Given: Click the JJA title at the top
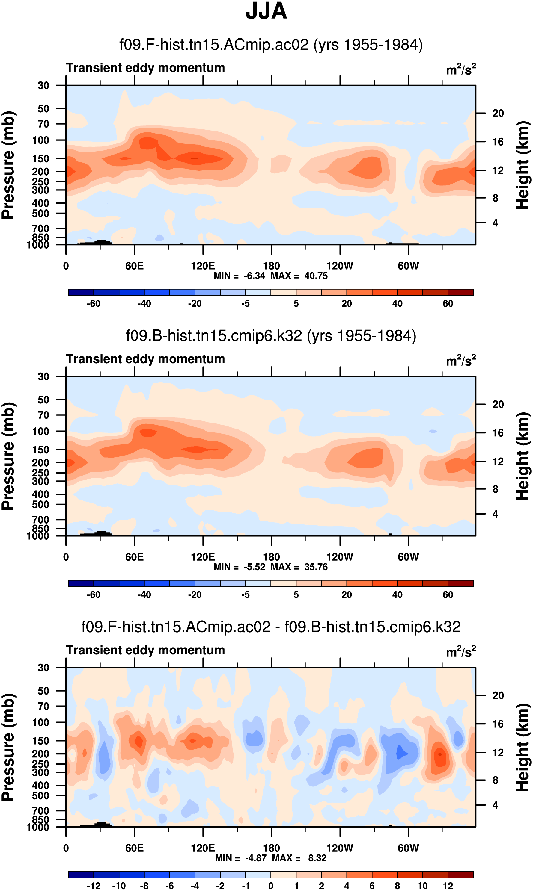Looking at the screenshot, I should coord(266,11).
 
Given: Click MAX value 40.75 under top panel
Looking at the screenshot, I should coord(316,276).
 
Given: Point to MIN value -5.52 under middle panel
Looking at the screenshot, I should coord(254,567).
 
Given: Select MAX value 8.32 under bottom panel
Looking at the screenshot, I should coord(317,858).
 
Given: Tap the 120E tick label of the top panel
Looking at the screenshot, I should coord(203,266).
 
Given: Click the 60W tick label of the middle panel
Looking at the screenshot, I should coord(408,557).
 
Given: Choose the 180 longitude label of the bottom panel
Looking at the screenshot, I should coord(271,848).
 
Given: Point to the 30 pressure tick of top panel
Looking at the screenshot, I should coord(43,85).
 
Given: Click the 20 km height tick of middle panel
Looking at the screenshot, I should coord(498,404).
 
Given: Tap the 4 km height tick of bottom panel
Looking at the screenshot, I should coord(495,805).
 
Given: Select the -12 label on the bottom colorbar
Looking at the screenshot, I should coord(94,886).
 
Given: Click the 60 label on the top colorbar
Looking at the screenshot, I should coord(448,304).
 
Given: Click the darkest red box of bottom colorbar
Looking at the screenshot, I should coord(460,875).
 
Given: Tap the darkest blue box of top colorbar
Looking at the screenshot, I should coord(81,292).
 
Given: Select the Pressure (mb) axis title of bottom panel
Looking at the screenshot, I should coord(8,747).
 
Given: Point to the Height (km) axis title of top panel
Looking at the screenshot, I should coord(523,165).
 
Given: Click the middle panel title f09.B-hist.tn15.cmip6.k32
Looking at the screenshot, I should coord(271,336).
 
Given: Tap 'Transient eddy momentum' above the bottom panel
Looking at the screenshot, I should coord(145,650).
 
